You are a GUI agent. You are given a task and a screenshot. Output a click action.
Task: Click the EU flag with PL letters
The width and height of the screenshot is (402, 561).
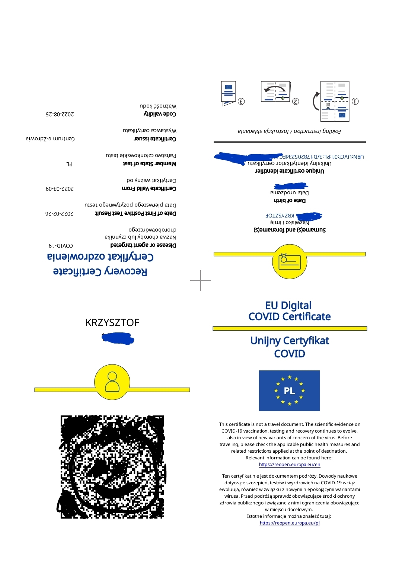289,391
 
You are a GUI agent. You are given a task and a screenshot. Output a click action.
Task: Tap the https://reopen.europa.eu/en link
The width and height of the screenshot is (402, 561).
289,465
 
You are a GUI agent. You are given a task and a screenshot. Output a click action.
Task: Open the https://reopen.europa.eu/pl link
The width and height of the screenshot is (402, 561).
289,523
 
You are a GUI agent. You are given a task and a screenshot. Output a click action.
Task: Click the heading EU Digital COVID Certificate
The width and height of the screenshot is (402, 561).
289,311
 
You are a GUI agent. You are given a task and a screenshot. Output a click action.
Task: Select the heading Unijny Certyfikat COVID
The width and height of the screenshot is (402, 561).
289,347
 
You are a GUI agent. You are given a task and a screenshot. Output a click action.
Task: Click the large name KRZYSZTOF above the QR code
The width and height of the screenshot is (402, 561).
112,322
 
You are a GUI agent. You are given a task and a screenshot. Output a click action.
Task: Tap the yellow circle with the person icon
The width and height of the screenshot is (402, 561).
112,382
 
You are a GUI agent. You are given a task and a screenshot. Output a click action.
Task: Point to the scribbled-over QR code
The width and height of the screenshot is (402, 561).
112,467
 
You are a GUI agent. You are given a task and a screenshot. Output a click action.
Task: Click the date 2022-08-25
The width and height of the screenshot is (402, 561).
60,114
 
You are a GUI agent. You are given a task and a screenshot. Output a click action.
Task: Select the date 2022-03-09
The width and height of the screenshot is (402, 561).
60,189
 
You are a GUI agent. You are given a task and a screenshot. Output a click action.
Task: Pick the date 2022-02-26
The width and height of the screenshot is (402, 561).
59,214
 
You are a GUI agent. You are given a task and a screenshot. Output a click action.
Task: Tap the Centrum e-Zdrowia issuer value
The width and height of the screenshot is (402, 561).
50,139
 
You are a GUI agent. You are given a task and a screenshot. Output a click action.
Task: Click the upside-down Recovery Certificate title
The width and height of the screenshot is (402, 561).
100,271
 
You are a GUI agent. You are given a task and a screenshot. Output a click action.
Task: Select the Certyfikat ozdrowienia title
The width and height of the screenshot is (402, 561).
100,257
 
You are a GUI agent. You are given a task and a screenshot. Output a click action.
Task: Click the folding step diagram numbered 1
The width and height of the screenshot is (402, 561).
335,101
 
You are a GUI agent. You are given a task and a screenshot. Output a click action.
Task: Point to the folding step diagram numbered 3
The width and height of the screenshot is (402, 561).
229,93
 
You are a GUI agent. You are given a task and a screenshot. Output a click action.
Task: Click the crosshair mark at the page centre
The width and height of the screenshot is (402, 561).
201,281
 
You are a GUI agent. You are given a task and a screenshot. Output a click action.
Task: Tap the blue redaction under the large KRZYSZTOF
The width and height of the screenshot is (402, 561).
118,339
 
